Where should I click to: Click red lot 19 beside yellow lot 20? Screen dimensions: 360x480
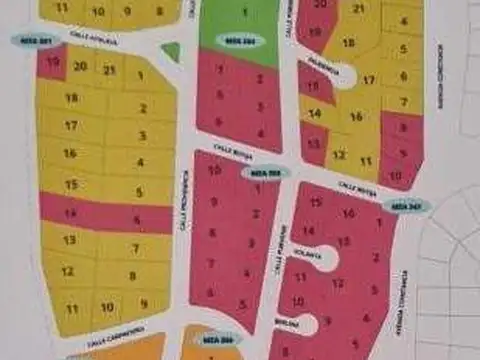coord(50,63)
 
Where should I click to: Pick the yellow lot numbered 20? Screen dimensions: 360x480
coord(80,66)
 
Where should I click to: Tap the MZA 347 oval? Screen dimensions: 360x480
coord(407,205)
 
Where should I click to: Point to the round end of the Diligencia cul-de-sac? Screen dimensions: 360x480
coord(342,72)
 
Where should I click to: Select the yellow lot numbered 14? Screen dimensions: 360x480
coord(316,113)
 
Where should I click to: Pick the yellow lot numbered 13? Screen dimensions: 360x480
coord(68,240)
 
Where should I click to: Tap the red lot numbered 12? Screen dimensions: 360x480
coord(338,283)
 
